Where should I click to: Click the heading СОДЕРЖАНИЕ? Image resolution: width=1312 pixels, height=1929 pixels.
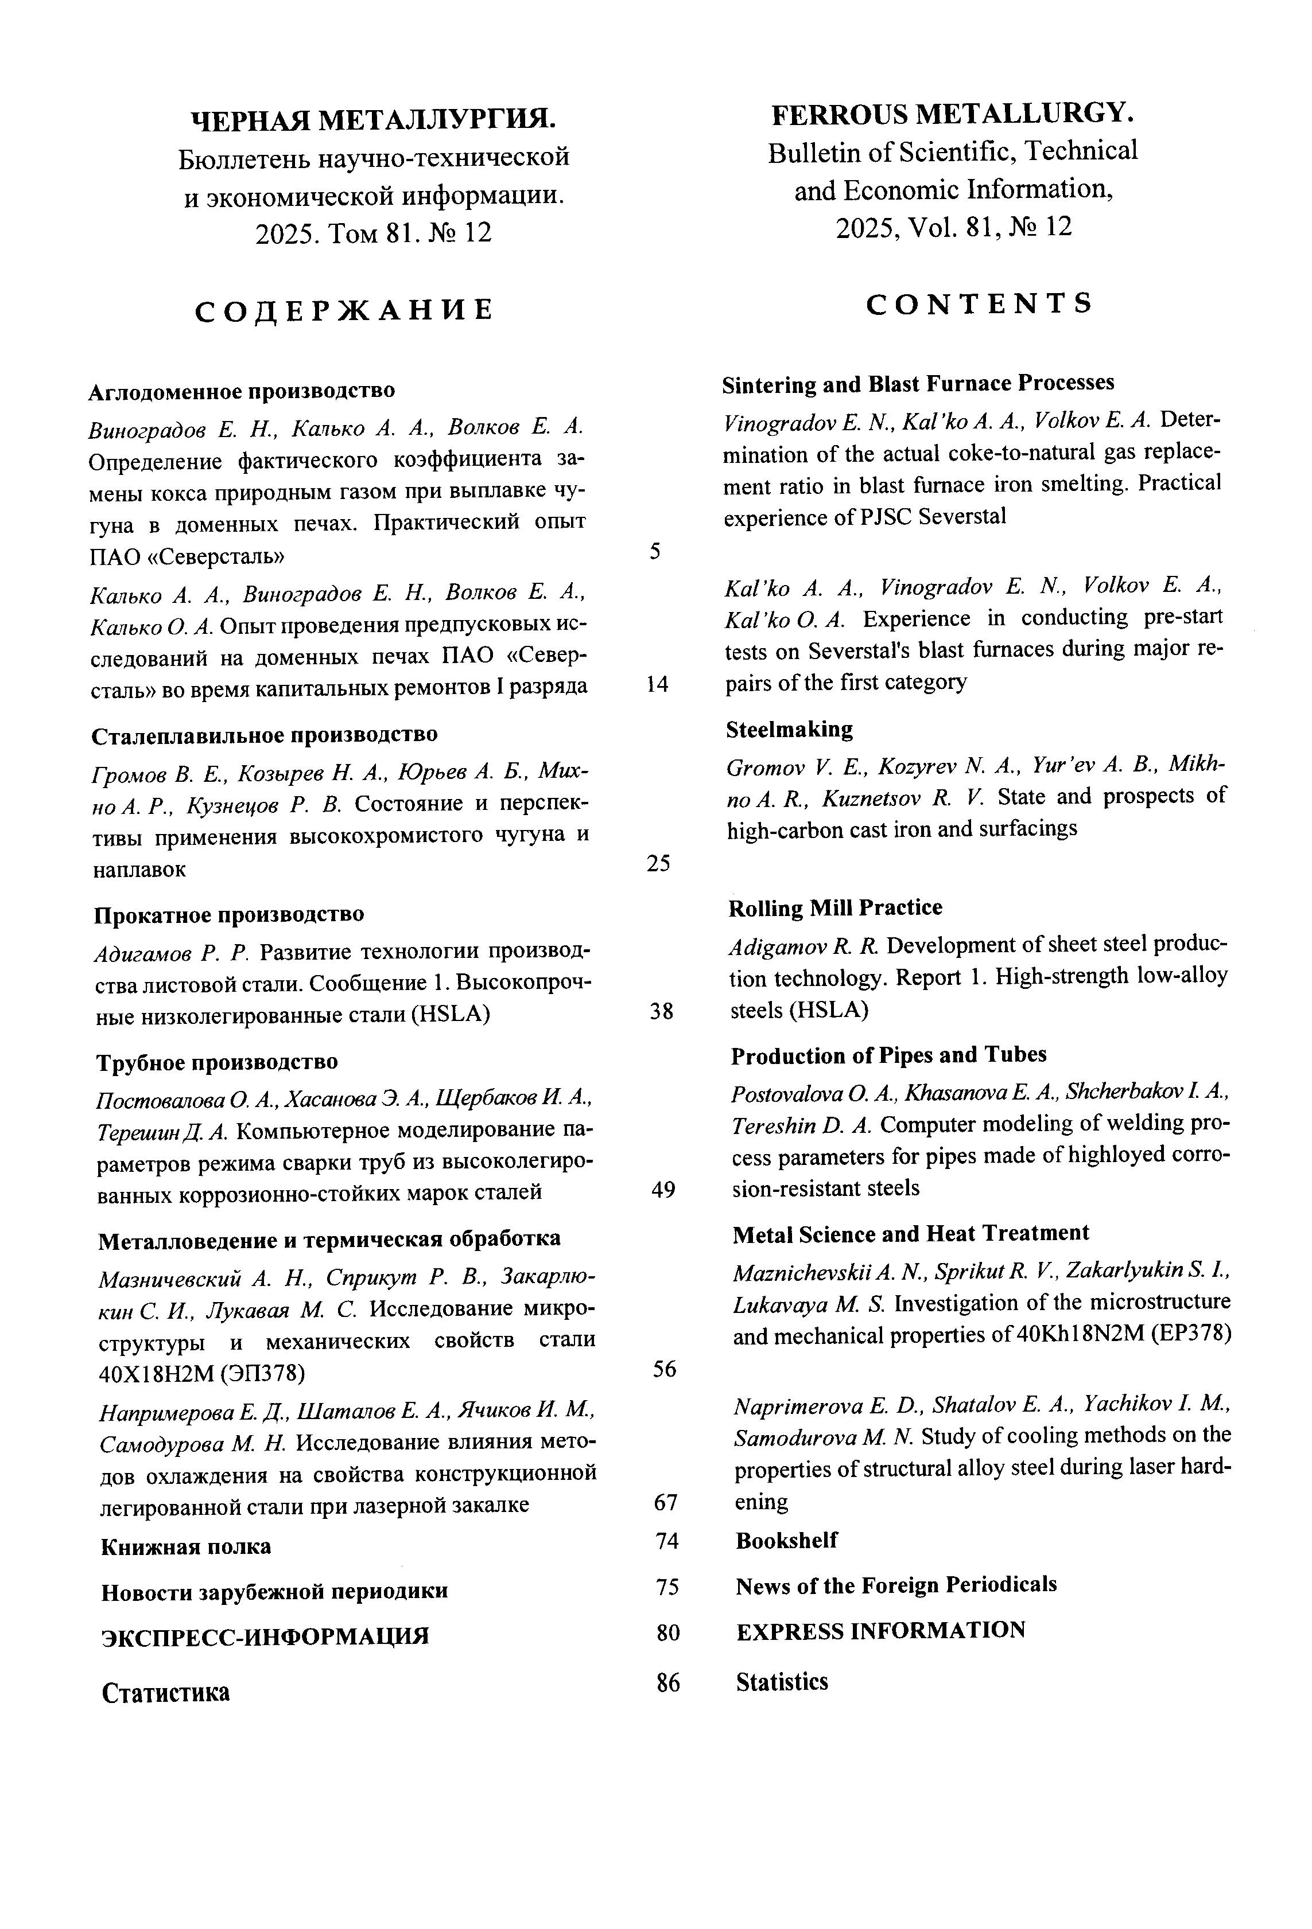(x=344, y=310)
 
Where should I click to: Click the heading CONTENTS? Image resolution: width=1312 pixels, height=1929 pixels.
(x=979, y=305)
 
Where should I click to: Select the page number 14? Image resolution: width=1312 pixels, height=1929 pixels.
(x=657, y=684)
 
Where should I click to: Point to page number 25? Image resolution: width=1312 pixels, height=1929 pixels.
(x=658, y=863)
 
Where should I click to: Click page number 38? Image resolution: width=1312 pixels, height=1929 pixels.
(x=661, y=1011)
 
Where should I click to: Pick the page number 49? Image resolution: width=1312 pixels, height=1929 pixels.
(x=663, y=1190)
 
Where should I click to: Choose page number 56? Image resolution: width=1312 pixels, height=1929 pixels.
(x=664, y=1369)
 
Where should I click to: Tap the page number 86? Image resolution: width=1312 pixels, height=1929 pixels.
(x=667, y=1682)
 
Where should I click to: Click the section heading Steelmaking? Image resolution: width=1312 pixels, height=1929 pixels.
(x=789, y=730)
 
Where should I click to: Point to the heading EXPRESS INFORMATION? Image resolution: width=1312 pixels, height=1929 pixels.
(x=880, y=1630)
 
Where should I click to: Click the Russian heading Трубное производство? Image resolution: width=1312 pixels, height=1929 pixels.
(x=217, y=1062)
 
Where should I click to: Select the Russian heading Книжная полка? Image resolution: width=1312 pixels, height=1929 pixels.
(x=186, y=1547)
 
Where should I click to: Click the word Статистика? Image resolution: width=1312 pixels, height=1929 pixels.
(x=165, y=1693)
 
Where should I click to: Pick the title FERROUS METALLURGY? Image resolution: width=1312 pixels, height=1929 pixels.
(x=953, y=114)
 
